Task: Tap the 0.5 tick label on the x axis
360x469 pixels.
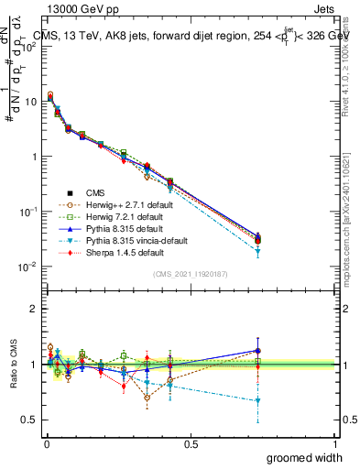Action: (191, 442)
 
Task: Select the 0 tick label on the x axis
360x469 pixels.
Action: (46, 442)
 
